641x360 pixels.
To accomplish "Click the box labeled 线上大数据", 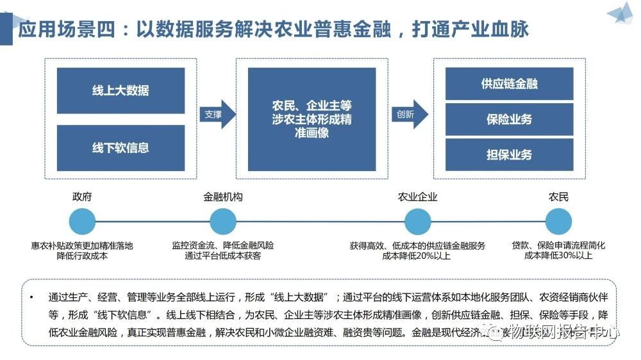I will point(121,90).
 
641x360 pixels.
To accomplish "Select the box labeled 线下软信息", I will point(121,148).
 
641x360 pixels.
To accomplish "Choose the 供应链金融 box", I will point(509,84).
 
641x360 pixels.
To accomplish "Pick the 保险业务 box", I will point(509,119).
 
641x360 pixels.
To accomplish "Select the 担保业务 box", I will point(509,154).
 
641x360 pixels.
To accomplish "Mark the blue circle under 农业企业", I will point(417,222).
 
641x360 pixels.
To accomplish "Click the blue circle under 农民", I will point(558,222).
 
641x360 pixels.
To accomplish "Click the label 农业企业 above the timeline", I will point(417,197).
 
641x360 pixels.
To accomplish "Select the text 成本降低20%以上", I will point(417,256).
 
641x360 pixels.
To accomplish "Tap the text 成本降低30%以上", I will point(558,256).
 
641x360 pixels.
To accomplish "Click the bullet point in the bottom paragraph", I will point(32,298).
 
